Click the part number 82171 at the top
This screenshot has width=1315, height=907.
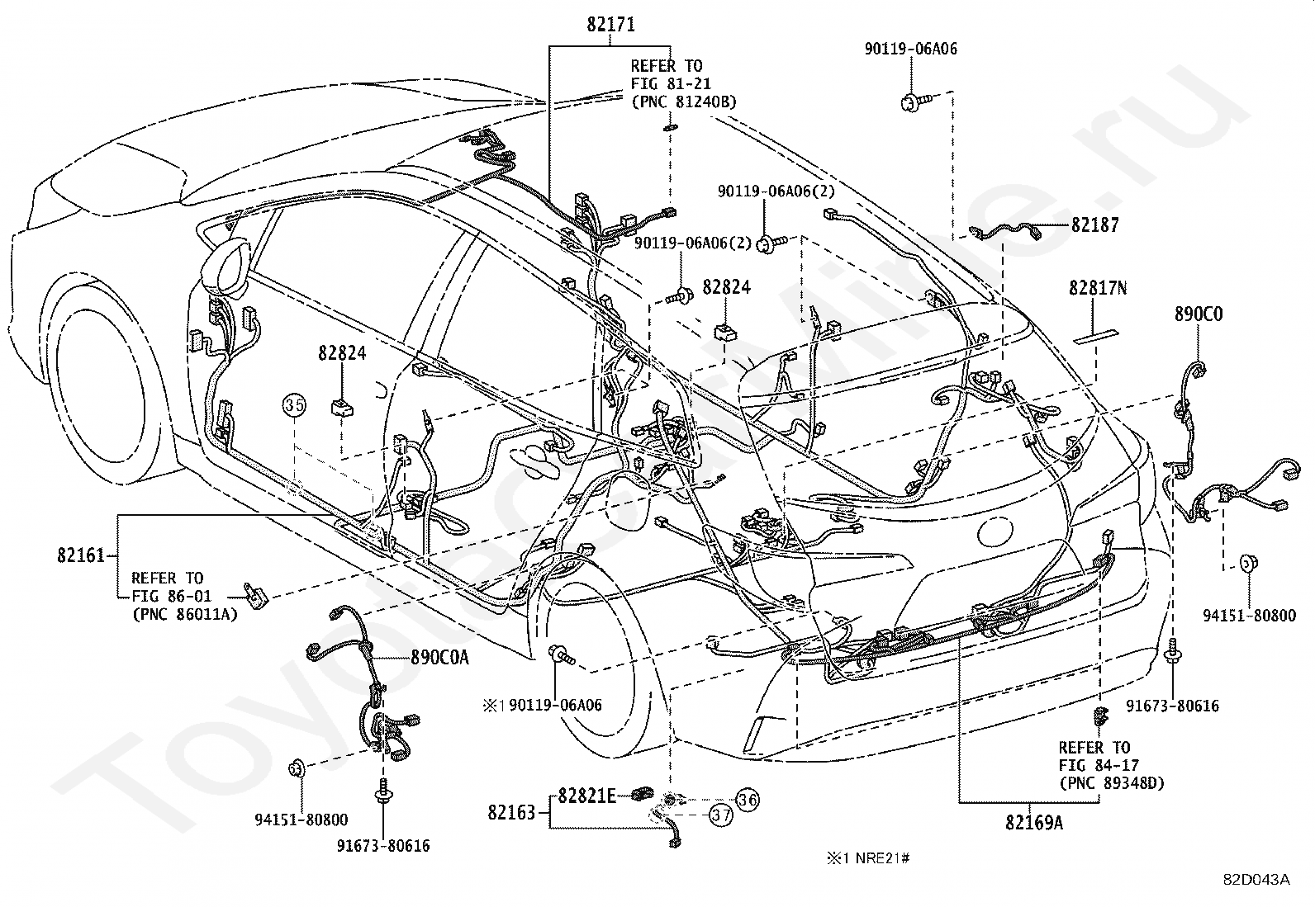(x=610, y=24)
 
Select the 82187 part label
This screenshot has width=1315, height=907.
(x=1094, y=224)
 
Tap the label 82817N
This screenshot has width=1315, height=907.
(x=1097, y=288)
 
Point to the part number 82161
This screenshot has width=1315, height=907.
(x=81, y=555)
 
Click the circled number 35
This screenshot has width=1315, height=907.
(x=295, y=404)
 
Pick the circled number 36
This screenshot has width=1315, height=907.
(x=748, y=800)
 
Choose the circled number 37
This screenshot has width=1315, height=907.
(x=721, y=815)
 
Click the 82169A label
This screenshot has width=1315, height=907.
(x=1034, y=823)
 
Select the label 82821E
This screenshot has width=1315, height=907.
(x=586, y=796)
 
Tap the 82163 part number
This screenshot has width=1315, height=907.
(x=511, y=813)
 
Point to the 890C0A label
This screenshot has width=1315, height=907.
(x=439, y=658)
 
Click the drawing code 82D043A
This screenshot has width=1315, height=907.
(x=1256, y=880)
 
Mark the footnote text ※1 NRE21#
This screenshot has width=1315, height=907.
(x=868, y=858)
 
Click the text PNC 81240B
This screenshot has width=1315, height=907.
(x=684, y=102)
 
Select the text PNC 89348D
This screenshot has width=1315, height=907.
(x=1112, y=783)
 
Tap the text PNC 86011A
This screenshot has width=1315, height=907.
(x=186, y=614)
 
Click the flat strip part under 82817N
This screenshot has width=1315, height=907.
(x=1095, y=336)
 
